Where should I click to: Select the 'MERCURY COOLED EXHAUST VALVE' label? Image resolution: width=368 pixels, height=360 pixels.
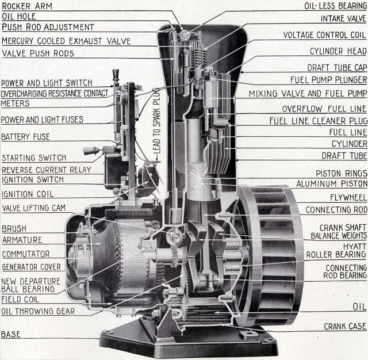(66, 41)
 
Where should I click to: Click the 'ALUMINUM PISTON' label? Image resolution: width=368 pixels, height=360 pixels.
(331, 184)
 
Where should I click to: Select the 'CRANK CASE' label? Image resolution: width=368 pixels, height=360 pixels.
(344, 326)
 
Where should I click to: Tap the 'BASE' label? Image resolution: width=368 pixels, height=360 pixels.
(10, 334)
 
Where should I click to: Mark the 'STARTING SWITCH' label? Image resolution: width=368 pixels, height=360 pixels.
(34, 158)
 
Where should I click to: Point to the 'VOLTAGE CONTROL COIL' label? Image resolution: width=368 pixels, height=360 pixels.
(325, 35)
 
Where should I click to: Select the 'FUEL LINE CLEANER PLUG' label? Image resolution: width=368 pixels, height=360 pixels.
(317, 121)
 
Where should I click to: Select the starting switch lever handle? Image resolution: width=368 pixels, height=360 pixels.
(90, 151)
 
